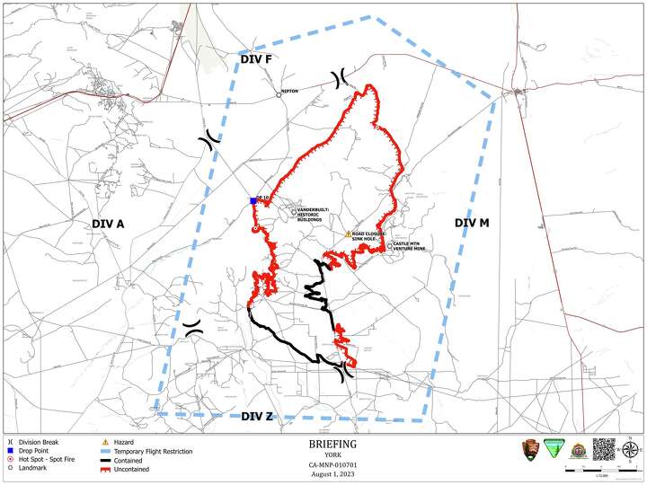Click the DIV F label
coord(256,59)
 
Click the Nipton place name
coord(289,92)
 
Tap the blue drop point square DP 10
coord(253,202)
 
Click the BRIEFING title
coord(332,444)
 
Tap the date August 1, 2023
coord(332,472)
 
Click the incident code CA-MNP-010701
coord(332,463)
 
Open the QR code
coord(605,449)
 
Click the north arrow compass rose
coord(632,449)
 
